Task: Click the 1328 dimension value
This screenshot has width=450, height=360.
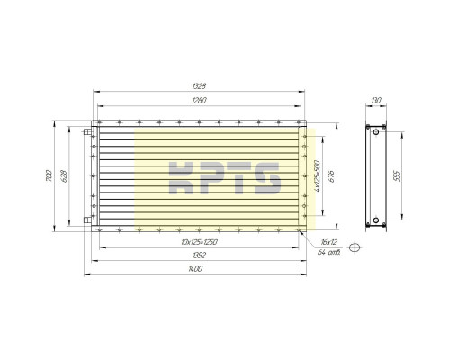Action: pyautogui.click(x=199, y=86)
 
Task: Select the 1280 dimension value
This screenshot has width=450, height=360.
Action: pyautogui.click(x=199, y=100)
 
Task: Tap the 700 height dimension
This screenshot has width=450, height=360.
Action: pyautogui.click(x=49, y=175)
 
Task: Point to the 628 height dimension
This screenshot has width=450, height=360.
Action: pyautogui.click(x=64, y=176)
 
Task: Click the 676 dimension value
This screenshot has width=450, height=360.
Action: pyautogui.click(x=331, y=176)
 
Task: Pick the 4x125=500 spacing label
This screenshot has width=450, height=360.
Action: pyautogui.click(x=318, y=176)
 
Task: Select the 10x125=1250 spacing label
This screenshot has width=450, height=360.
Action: pyautogui.click(x=199, y=242)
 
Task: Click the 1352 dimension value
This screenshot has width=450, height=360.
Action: pyautogui.click(x=199, y=256)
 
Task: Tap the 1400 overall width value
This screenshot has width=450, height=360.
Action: pyautogui.click(x=195, y=269)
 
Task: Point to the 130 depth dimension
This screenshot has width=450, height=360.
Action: pyautogui.click(x=376, y=100)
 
